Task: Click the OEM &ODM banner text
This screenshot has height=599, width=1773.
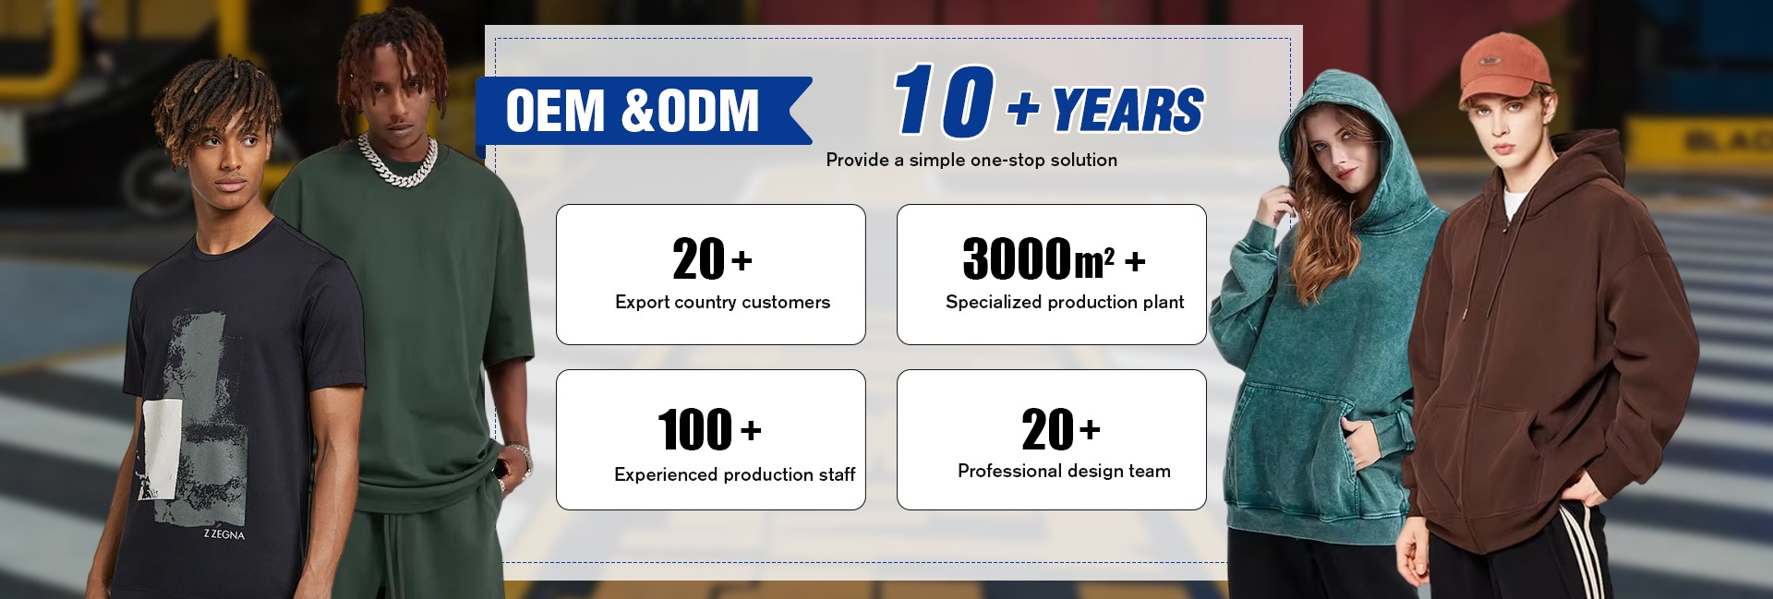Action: pyautogui.click(x=633, y=111)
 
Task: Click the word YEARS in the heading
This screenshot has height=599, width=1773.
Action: pyautogui.click(x=1128, y=110)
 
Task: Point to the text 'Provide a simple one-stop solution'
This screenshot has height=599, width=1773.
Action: pyautogui.click(x=971, y=160)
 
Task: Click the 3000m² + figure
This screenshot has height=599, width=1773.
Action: pyautogui.click(x=1054, y=258)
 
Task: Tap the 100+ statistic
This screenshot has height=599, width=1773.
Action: pyautogui.click(x=709, y=430)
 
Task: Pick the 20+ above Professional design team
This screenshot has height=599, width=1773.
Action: pyautogui.click(x=1061, y=429)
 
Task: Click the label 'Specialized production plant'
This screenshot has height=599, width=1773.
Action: pyautogui.click(x=1065, y=302)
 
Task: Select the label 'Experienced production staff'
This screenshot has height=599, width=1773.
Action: pyautogui.click(x=735, y=474)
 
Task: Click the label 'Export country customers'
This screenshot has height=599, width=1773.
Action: pyautogui.click(x=723, y=302)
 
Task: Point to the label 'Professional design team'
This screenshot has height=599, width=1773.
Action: pyautogui.click(x=1064, y=471)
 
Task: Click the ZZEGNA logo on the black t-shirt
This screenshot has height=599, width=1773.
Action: pyautogui.click(x=224, y=534)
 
